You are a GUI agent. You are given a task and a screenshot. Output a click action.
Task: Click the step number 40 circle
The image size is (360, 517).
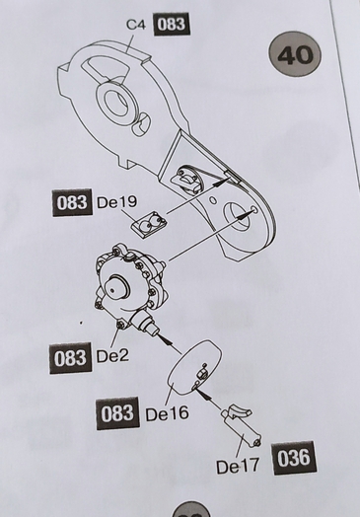coord(295,54)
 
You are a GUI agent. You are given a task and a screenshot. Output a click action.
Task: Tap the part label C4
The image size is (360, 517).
coord(136,25)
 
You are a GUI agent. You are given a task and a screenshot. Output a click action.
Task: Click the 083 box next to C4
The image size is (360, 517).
coord(172,24)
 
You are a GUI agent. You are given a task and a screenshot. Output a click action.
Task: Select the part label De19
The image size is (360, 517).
coord(116,202)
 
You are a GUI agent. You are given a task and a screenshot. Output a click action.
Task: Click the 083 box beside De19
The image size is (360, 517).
coord(72,202)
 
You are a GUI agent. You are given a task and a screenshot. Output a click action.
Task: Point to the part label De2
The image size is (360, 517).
coord(112,356)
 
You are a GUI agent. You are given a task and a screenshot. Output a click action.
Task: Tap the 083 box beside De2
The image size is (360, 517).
coord(70,358)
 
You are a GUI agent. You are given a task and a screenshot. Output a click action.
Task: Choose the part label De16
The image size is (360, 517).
coord(167,413)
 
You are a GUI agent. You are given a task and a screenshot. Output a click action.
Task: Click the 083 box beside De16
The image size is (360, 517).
coord(117,413)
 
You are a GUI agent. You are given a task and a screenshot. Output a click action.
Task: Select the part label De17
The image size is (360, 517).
coord(238,466)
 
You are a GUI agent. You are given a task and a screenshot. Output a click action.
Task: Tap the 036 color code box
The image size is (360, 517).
coord(294,458)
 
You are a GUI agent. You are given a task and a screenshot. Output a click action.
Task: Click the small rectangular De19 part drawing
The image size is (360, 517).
coord(149,225)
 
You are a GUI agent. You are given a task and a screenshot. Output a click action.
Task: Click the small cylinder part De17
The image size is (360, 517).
coord(242,427)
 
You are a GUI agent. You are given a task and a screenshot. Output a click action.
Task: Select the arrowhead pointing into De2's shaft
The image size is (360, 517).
coord(166,338)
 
